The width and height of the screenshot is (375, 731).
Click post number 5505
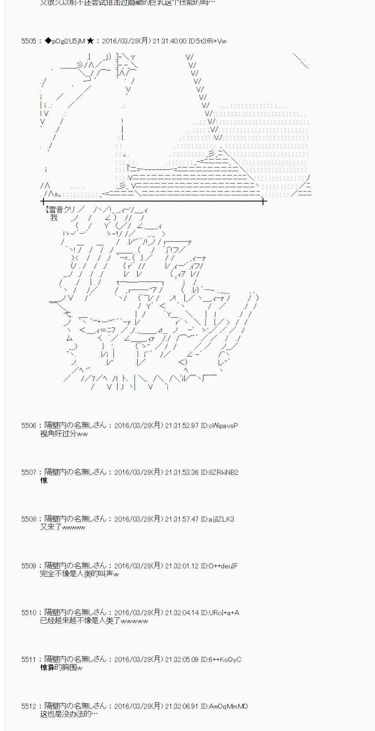(29, 41)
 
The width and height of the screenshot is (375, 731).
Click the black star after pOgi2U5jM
(90, 41)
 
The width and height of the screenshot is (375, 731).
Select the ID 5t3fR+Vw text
(207, 41)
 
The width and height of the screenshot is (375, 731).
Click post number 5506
(29, 425)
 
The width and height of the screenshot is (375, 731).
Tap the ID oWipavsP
(220, 425)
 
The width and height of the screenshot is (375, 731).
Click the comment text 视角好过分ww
(64, 434)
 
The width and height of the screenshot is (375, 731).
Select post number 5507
(29, 472)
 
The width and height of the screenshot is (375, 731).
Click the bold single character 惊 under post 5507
(44, 481)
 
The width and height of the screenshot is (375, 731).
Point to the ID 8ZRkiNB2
(220, 472)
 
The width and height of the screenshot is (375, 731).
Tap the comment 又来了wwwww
(63, 527)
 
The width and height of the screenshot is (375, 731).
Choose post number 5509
(29, 566)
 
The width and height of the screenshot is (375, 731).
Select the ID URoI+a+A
(220, 613)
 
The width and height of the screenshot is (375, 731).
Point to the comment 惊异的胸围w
(61, 668)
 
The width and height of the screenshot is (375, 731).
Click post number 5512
(29, 706)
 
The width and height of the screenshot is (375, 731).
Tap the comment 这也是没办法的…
(69, 715)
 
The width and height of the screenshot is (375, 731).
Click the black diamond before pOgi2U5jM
(48, 41)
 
